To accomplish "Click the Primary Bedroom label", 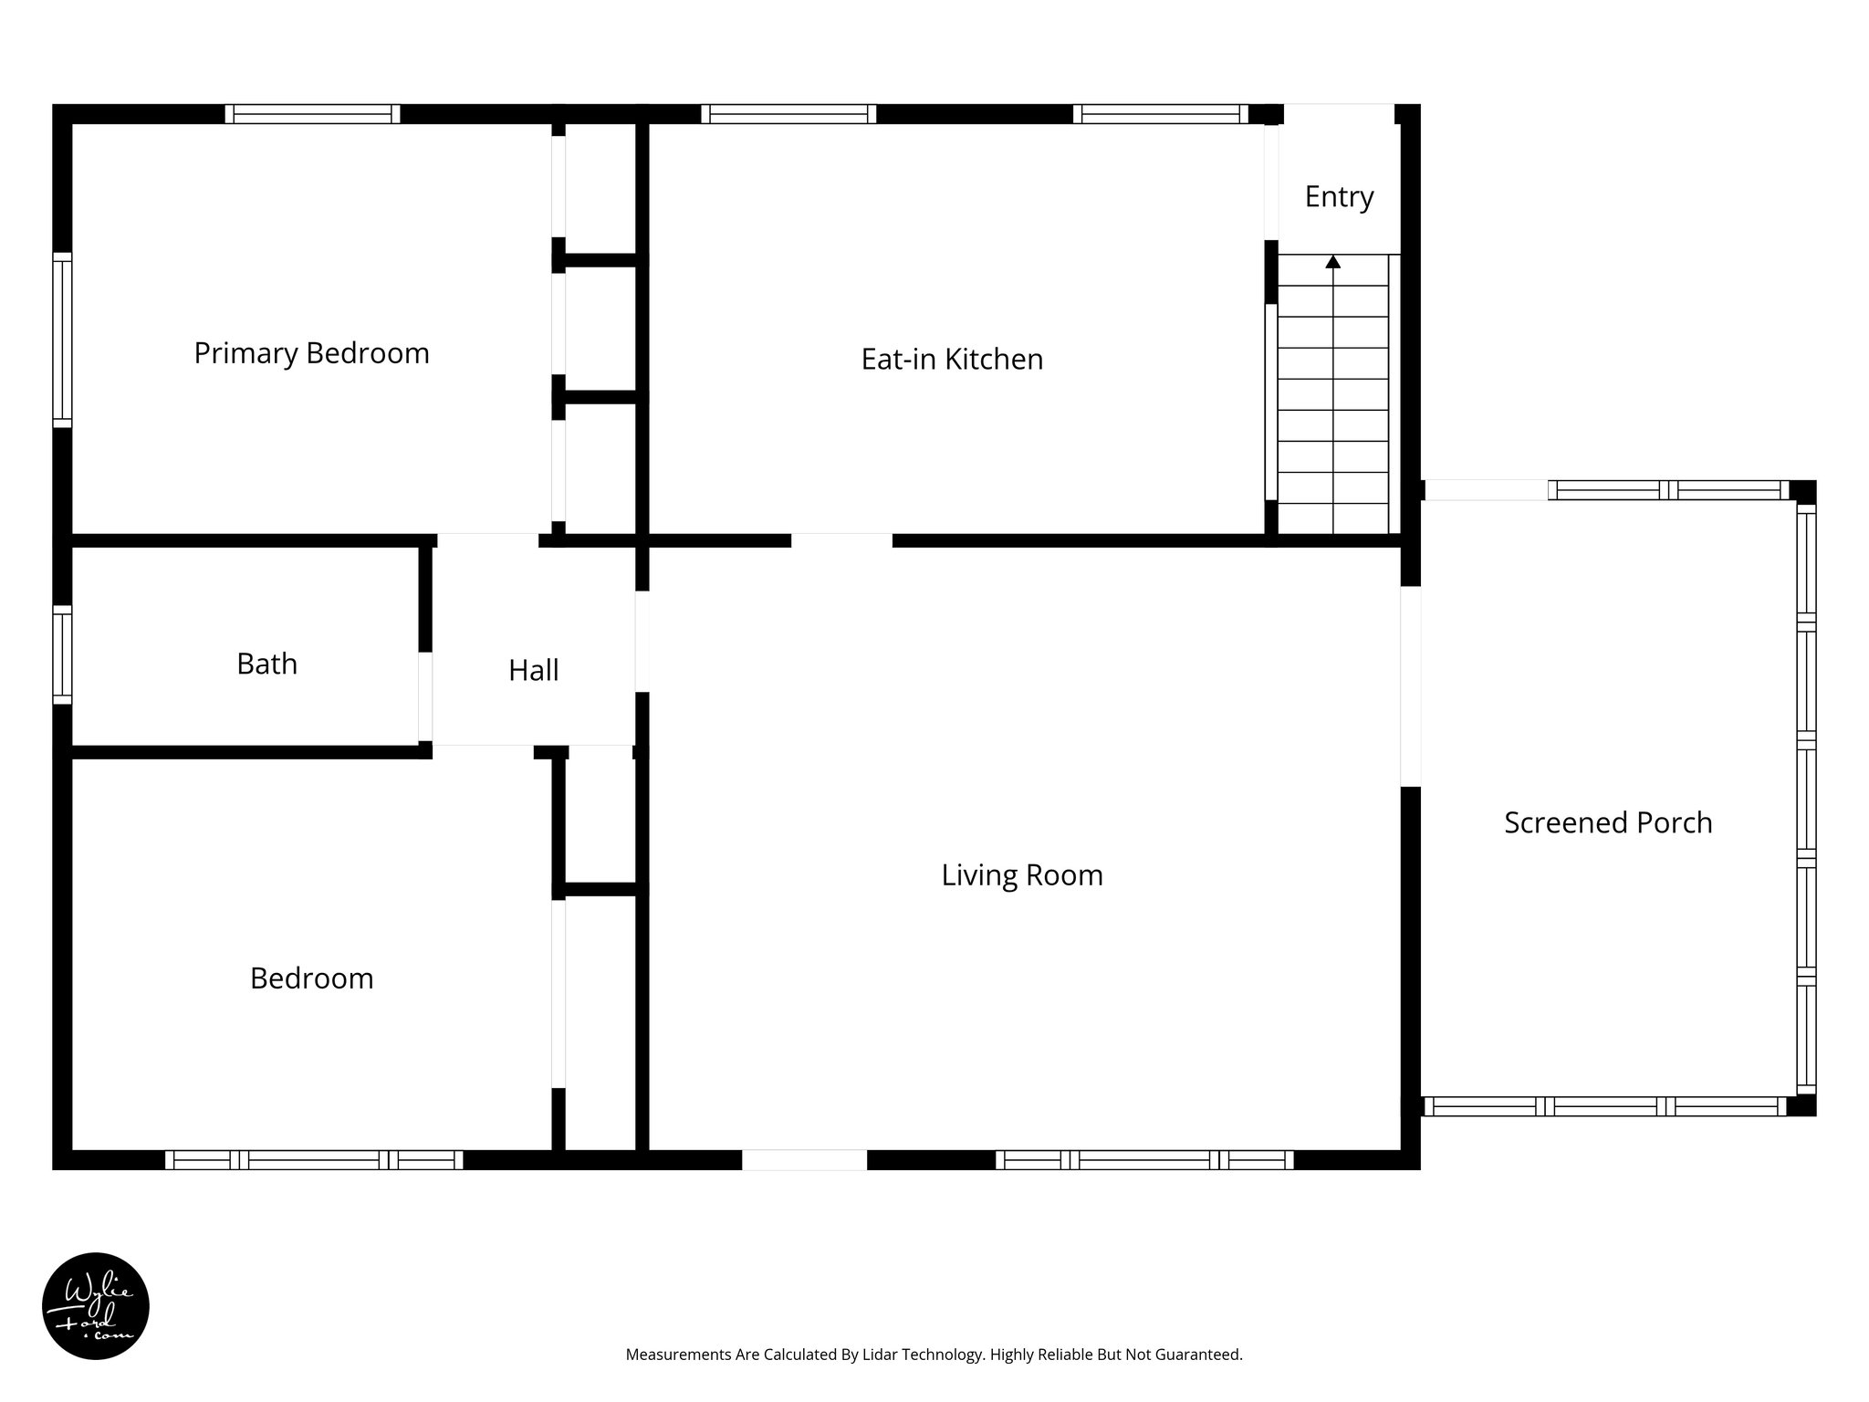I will (x=311, y=353).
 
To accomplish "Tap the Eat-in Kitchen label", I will (x=952, y=360).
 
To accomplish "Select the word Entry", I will (x=1339, y=197).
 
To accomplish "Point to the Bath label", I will (x=266, y=664).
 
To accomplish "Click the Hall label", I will (x=533, y=671).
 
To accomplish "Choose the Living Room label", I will (x=1022, y=875).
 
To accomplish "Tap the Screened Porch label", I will (x=1608, y=822).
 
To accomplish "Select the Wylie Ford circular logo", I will (x=96, y=1306).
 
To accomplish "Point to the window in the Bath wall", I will (x=62, y=654).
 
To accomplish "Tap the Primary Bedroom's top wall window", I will (x=312, y=114).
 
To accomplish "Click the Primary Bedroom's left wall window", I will (x=62, y=340).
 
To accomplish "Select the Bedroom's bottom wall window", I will (x=313, y=1160).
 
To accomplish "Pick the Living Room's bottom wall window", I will (x=1143, y=1160).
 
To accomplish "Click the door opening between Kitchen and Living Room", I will (x=841, y=540).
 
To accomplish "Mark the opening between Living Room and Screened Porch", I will (x=1410, y=686).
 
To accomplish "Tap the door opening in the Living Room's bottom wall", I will (x=804, y=1160).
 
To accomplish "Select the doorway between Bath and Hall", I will (x=425, y=697).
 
